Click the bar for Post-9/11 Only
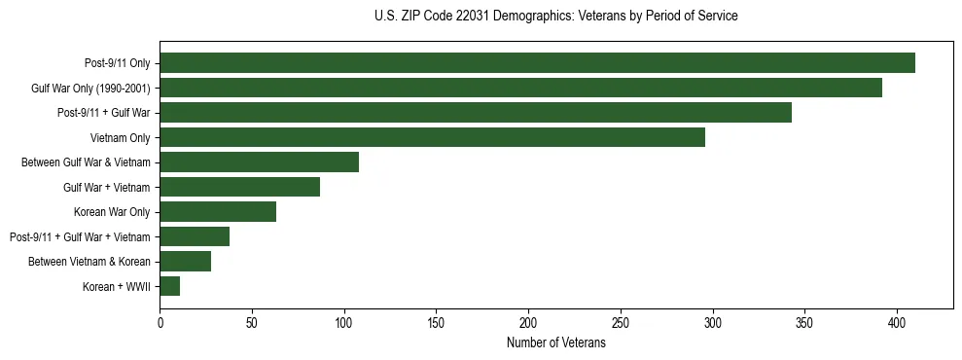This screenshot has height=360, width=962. [537, 63]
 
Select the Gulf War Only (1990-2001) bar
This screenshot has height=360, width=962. [520, 88]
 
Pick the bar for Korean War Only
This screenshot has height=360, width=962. [218, 211]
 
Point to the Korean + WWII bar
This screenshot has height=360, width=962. [170, 286]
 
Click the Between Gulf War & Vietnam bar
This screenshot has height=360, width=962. [259, 162]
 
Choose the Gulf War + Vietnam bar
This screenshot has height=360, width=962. [239, 187]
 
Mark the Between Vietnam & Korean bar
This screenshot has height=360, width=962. [186, 261]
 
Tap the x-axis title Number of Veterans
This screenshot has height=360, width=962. [555, 343]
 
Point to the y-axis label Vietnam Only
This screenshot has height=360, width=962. [120, 137]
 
